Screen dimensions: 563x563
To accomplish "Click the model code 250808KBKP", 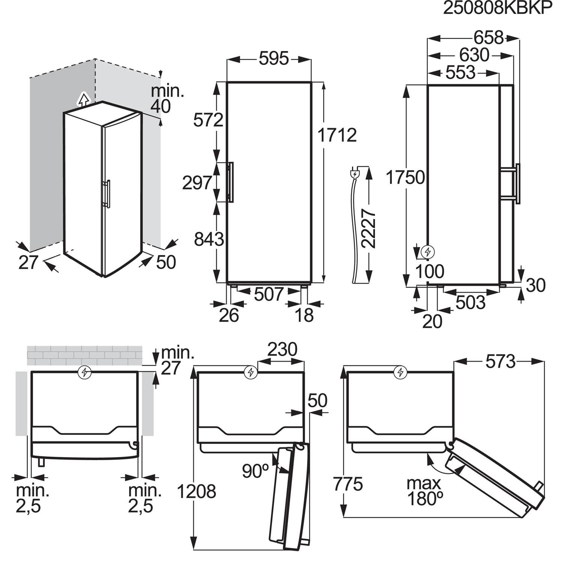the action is click(498, 9).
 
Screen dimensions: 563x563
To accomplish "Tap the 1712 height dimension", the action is click(337, 135).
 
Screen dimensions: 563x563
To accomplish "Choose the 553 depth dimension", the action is click(460, 72).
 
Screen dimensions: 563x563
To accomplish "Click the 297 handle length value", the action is click(197, 183).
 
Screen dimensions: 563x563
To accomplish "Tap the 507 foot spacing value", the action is click(268, 294).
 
